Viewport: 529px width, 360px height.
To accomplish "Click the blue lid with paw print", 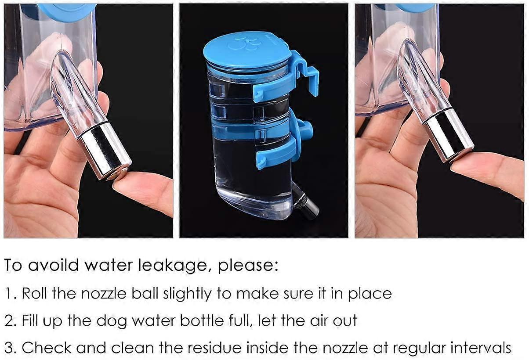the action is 247,51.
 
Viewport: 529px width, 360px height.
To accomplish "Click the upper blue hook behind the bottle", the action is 304,71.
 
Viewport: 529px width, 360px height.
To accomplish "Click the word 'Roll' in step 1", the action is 34,293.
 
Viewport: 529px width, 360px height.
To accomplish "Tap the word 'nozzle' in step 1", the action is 104,294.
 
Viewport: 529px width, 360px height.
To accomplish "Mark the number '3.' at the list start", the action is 11,348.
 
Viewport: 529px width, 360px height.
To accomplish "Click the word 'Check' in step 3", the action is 47,348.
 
